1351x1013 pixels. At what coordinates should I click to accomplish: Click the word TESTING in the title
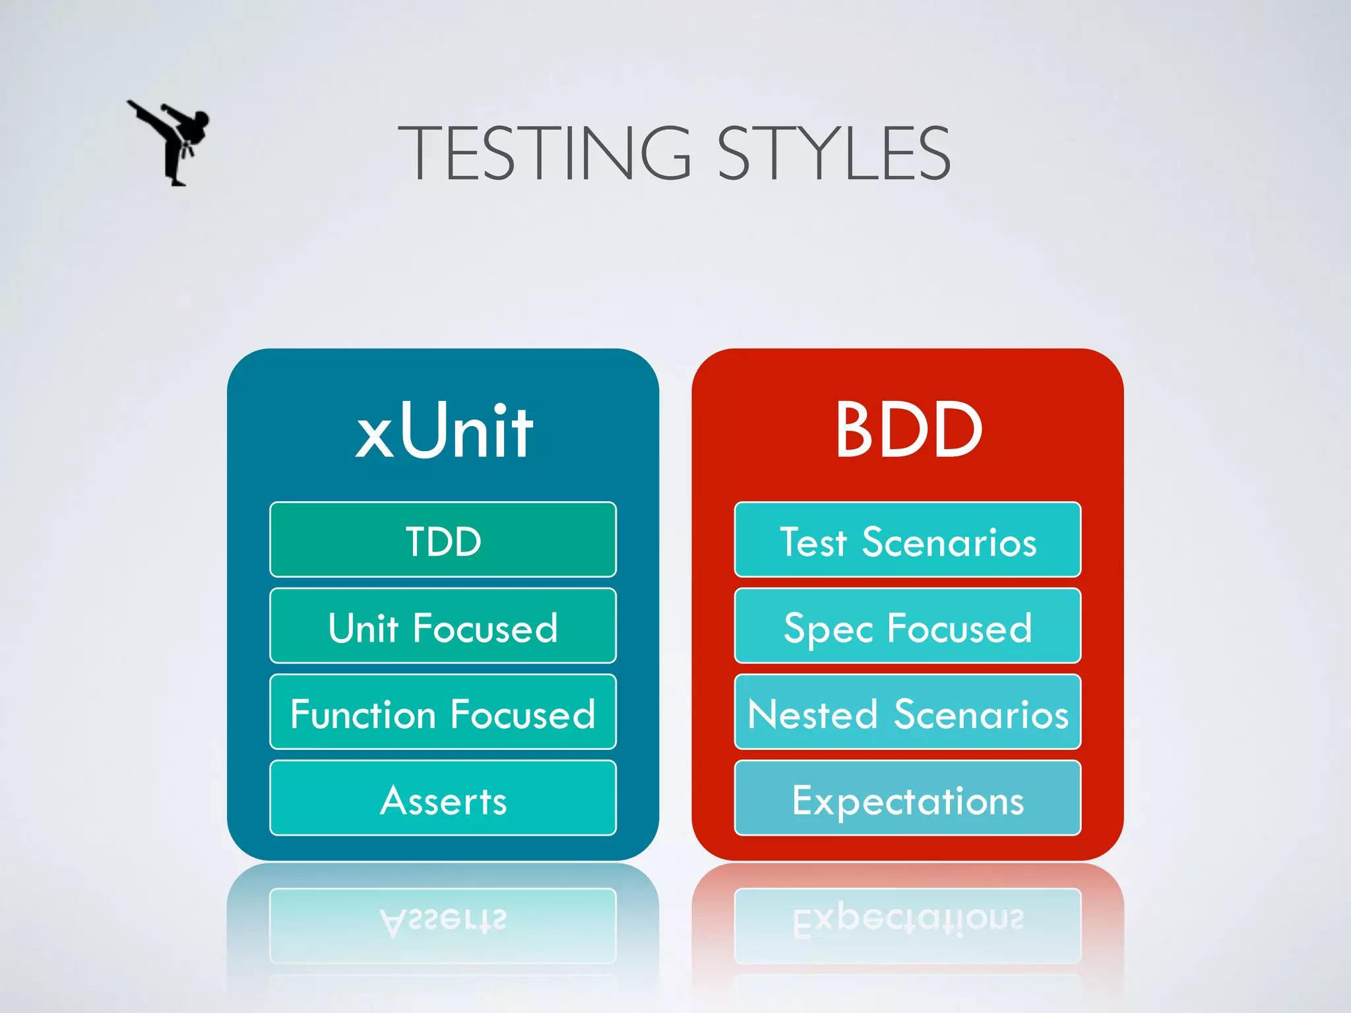(x=545, y=154)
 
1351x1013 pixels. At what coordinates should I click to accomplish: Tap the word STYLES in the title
(x=834, y=154)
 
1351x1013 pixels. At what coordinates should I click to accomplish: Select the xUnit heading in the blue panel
(x=444, y=431)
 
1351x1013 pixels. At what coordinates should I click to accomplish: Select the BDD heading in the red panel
(x=908, y=431)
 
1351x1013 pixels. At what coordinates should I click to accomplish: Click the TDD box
(x=443, y=540)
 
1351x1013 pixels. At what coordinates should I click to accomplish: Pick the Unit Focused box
(x=443, y=626)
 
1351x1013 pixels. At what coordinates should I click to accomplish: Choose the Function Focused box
(x=443, y=712)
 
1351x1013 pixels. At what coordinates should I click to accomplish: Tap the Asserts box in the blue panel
(x=443, y=799)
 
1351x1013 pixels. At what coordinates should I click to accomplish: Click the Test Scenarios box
(x=908, y=540)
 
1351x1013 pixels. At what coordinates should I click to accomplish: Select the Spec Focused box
(x=908, y=626)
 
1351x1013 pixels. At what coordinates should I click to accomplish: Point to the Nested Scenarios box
(x=908, y=712)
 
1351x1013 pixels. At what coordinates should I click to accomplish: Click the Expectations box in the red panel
(x=908, y=799)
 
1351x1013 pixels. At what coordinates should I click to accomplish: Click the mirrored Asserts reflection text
(x=443, y=921)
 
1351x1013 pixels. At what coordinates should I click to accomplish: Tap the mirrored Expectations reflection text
(x=908, y=921)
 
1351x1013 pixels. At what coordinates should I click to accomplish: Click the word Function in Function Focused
(x=363, y=714)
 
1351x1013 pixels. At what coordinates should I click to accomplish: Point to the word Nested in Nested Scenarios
(x=813, y=714)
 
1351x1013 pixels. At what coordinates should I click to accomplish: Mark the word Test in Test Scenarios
(x=813, y=543)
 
